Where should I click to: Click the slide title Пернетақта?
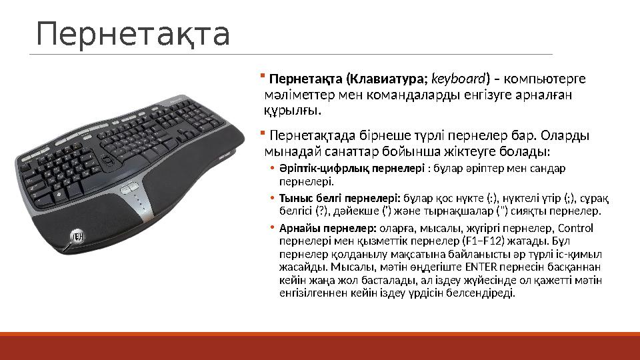[133, 34]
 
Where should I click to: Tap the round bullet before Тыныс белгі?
[272, 199]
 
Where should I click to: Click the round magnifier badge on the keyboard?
[78, 237]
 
